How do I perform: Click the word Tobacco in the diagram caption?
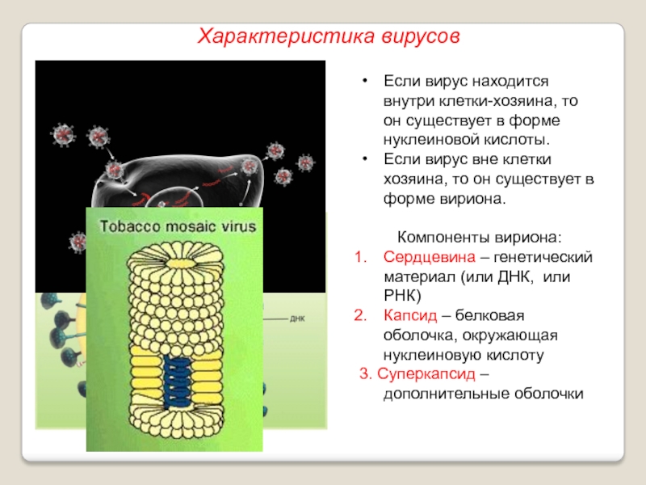[128, 227]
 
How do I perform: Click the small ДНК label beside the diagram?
[297, 318]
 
